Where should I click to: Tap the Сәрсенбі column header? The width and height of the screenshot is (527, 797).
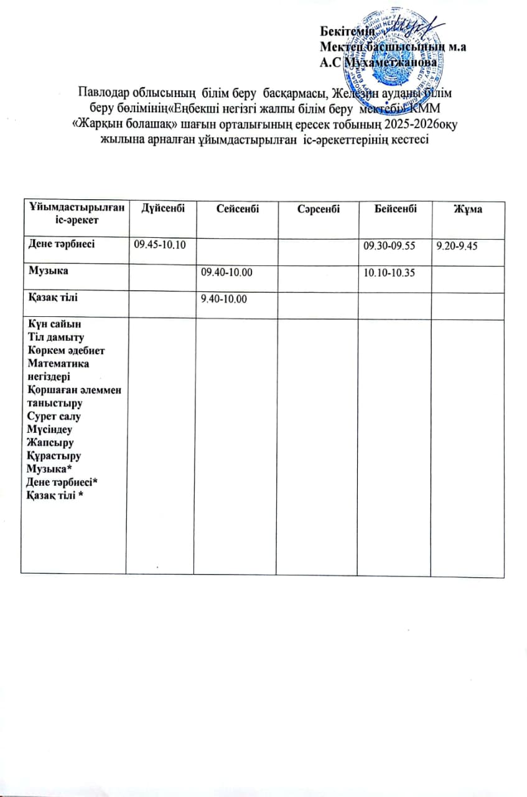(x=319, y=210)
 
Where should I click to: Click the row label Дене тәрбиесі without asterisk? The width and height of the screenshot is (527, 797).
(x=60, y=244)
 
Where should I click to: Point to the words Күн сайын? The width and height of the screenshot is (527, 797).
(x=54, y=324)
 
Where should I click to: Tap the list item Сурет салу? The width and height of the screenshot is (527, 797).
(x=54, y=416)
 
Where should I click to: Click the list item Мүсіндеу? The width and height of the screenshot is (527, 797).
(x=50, y=429)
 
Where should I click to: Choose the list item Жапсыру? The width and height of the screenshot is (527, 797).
(x=50, y=442)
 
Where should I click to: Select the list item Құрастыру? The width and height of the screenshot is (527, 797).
(x=54, y=455)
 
